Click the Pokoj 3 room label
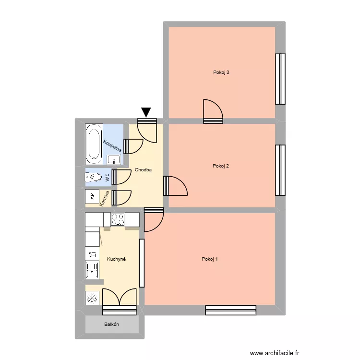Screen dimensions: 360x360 (221, 72)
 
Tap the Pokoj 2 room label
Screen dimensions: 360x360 (221, 166)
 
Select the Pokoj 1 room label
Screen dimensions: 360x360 (210, 259)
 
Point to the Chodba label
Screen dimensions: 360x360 (144, 170)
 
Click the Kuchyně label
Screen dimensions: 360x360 (117, 259)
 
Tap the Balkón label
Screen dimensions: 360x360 (112, 324)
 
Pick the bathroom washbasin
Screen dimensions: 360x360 (114, 159)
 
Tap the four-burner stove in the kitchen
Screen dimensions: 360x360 (118, 219)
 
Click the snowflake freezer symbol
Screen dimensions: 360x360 (92, 298)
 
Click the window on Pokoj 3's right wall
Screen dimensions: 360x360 (280, 79)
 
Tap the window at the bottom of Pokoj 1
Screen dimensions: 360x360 (231, 310)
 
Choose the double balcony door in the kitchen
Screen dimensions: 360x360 (120, 298)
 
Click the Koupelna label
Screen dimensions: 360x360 (112, 146)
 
